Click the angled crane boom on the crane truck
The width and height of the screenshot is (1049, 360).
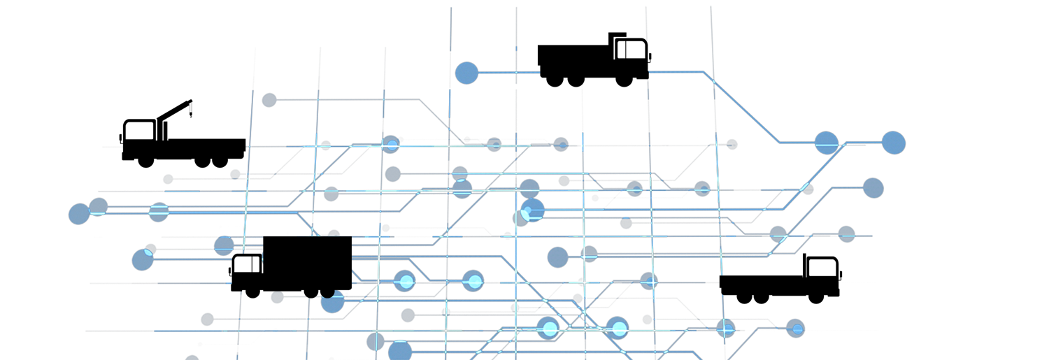[x=175, y=110]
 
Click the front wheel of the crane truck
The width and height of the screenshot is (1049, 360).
[x=145, y=161]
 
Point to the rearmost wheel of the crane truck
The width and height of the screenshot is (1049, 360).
[x=220, y=161]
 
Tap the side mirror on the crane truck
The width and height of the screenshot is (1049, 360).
[x=121, y=138]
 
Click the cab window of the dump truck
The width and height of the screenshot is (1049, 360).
[x=631, y=50]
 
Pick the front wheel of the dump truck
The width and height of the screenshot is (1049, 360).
[x=624, y=80]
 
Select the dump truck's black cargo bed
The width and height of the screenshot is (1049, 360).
[x=573, y=55]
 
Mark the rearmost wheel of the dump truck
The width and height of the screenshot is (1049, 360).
[x=555, y=80]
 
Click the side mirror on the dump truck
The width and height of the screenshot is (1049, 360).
[x=650, y=57]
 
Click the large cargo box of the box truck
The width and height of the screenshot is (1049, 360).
[x=307, y=262]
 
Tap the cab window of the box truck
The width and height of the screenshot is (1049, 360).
[x=246, y=265]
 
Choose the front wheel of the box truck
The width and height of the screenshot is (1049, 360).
[x=252, y=291]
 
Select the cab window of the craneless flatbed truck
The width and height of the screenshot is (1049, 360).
[x=822, y=268]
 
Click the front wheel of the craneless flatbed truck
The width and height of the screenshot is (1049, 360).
[x=815, y=297]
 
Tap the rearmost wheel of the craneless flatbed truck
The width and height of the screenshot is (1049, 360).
[x=744, y=297]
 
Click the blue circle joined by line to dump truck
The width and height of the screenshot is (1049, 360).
[x=466, y=73]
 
